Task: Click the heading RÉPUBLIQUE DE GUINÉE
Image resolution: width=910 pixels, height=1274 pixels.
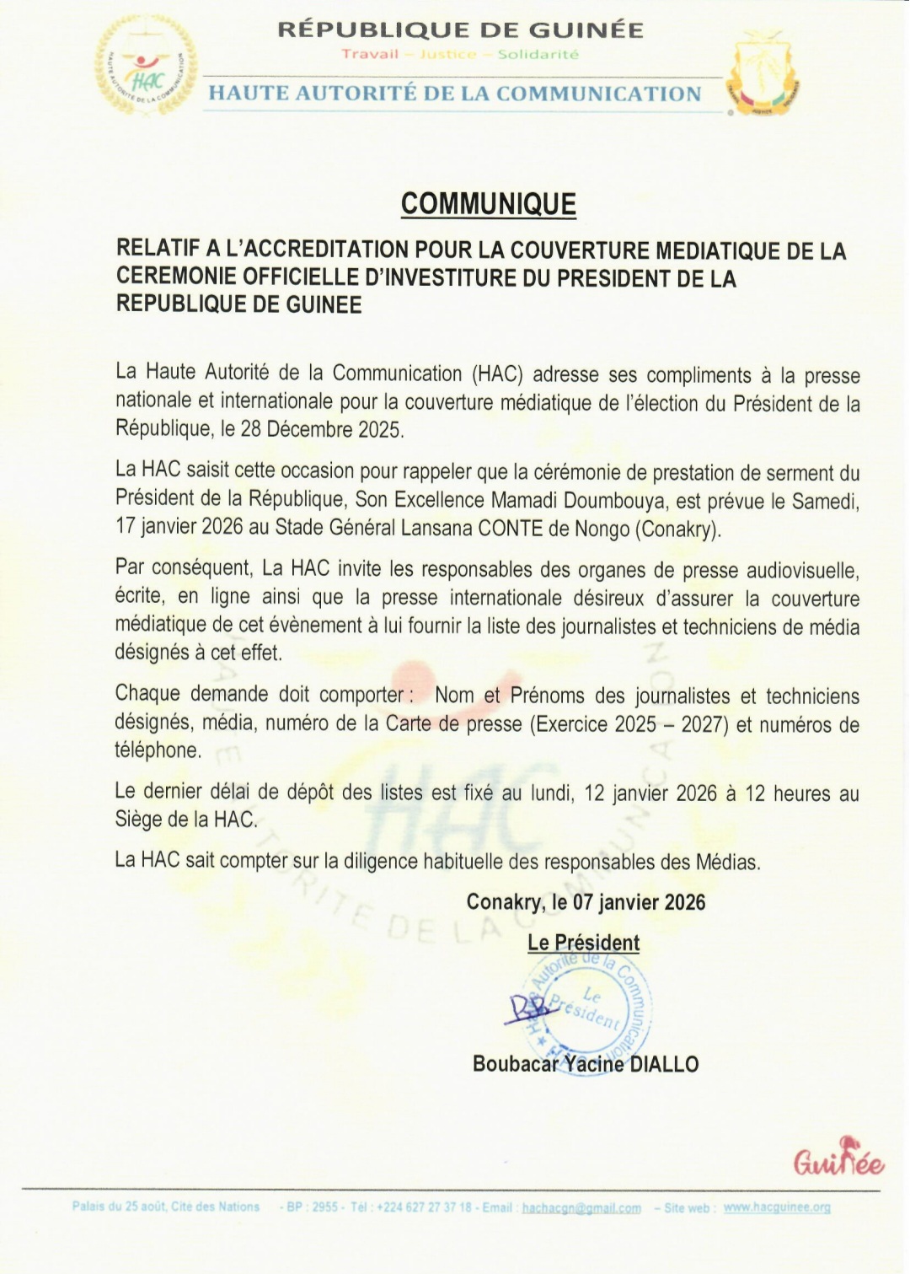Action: click(x=460, y=30)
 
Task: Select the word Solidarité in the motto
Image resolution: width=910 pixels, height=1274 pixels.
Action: click(x=538, y=55)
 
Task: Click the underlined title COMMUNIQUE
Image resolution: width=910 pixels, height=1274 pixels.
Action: click(x=488, y=204)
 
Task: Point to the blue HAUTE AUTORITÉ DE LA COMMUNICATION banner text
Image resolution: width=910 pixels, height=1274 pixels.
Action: click(x=455, y=94)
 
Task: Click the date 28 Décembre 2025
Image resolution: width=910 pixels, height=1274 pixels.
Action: click(x=320, y=429)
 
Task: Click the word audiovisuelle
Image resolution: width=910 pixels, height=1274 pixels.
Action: click(x=803, y=572)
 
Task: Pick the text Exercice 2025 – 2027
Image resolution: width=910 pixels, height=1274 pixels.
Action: click(x=629, y=724)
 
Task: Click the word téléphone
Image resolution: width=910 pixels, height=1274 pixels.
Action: click(x=158, y=750)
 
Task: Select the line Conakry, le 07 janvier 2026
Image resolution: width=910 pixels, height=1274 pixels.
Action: click(x=586, y=902)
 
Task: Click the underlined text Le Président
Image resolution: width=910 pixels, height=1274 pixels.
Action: click(x=583, y=943)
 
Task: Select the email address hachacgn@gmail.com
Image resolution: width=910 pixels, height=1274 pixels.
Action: click(x=581, y=1208)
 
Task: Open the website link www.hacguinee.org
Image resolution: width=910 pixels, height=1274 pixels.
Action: click(x=777, y=1207)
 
